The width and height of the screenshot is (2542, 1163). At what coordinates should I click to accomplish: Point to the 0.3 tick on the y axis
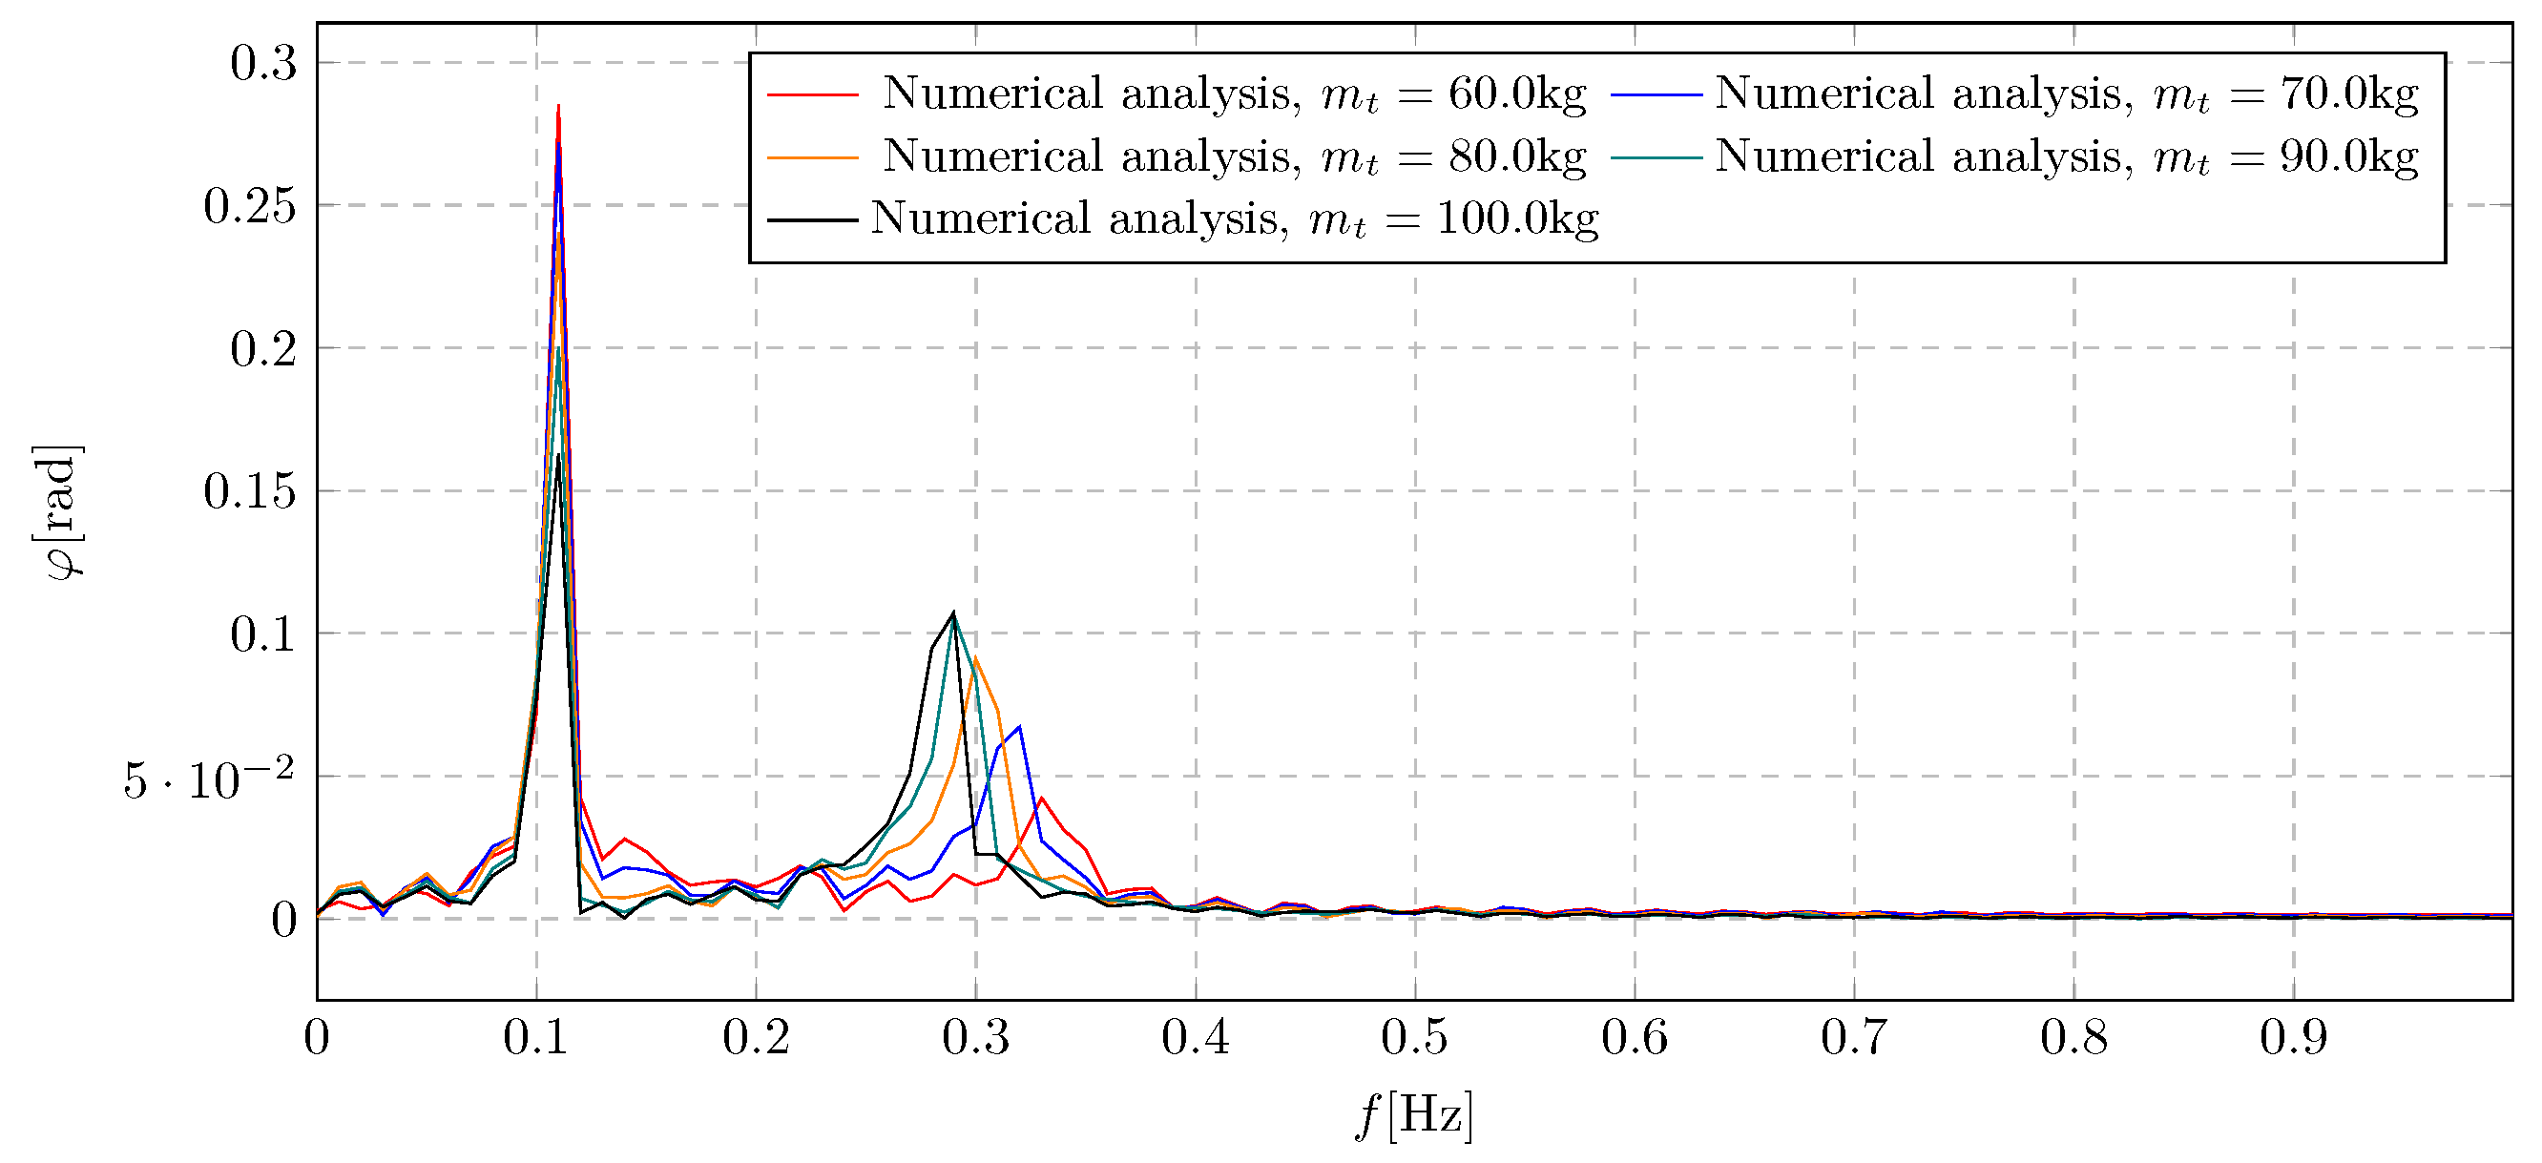pyautogui.click(x=263, y=63)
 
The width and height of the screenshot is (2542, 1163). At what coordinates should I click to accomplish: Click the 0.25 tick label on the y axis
pyautogui.click(x=250, y=206)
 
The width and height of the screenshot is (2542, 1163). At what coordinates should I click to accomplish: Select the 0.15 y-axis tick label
pyautogui.click(x=250, y=491)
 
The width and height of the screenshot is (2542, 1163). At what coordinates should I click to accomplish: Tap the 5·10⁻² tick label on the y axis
pyautogui.click(x=209, y=780)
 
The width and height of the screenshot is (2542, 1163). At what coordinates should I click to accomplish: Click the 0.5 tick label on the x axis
pyautogui.click(x=1415, y=1038)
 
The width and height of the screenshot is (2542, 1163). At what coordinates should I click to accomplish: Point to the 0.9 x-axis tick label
pyautogui.click(x=2293, y=1038)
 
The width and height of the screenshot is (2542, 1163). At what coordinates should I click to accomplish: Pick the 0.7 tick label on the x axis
pyautogui.click(x=1854, y=1038)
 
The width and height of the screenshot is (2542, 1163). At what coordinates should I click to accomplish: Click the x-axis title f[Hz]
pyautogui.click(x=1414, y=1116)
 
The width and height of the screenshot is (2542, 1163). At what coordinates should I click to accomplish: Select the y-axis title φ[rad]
pyautogui.click(x=63, y=512)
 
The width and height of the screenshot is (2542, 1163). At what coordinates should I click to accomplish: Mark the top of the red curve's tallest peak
pyautogui.click(x=558, y=106)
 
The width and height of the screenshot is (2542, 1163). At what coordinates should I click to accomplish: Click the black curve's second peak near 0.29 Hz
pyautogui.click(x=953, y=613)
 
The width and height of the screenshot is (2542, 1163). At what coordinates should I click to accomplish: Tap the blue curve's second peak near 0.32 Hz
pyautogui.click(x=1019, y=727)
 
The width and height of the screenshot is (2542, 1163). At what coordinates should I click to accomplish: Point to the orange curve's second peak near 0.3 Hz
pyautogui.click(x=975, y=658)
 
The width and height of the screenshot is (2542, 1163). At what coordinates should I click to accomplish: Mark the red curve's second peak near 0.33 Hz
pyautogui.click(x=1041, y=798)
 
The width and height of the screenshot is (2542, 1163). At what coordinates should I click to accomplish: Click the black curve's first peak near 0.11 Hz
pyautogui.click(x=558, y=456)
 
